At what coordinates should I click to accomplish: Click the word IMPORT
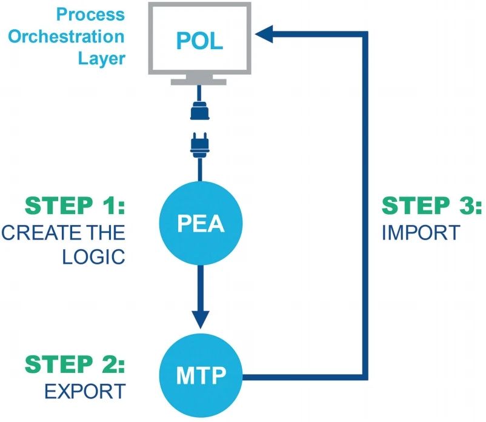click(420, 233)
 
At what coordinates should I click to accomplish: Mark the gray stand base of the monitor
click(199, 81)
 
